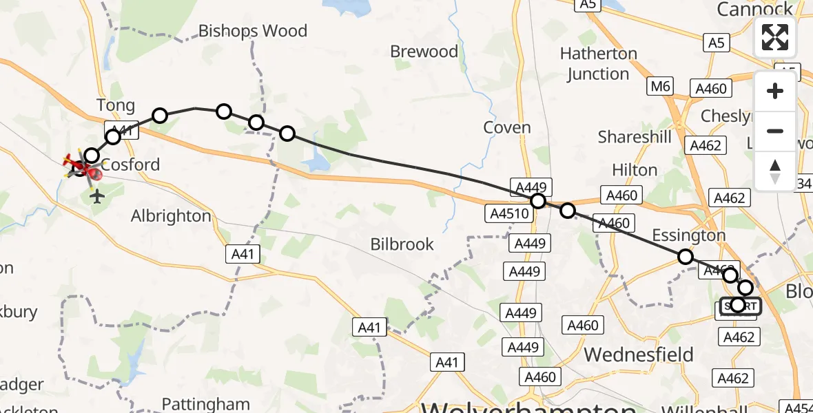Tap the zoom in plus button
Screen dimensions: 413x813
click(x=775, y=92)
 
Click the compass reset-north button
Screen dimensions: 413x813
click(x=775, y=171)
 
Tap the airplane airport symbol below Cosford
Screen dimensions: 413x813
click(x=96, y=197)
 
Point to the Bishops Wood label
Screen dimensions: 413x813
click(x=253, y=31)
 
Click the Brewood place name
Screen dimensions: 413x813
click(x=424, y=52)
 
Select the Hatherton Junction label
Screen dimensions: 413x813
click(x=598, y=63)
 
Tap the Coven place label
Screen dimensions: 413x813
click(x=507, y=127)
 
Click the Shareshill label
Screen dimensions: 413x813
click(x=635, y=137)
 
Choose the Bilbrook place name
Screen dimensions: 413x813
click(x=402, y=244)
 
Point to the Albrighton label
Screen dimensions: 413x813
click(x=171, y=215)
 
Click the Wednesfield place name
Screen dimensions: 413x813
click(x=639, y=354)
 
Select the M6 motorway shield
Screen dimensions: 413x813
click(x=659, y=86)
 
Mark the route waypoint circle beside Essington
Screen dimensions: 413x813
click(x=685, y=257)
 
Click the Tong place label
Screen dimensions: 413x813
click(x=115, y=105)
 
